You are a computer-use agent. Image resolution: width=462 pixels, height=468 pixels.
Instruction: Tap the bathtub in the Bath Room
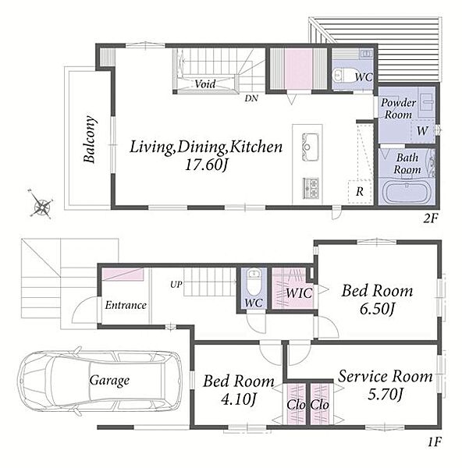(407, 192)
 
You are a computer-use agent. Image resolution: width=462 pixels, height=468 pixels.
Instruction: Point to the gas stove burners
(311, 188)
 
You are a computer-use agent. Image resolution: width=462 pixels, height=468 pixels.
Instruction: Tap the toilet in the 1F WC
(254, 281)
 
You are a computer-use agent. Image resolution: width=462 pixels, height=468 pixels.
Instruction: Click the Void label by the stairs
(205, 84)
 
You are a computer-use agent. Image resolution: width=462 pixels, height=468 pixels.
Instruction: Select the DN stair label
(251, 98)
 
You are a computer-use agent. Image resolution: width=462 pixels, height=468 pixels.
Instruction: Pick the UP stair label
(176, 285)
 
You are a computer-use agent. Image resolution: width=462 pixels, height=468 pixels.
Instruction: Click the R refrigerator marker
(360, 192)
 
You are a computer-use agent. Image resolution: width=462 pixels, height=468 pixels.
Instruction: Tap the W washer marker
(422, 131)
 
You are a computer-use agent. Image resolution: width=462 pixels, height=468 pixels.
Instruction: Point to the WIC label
(299, 292)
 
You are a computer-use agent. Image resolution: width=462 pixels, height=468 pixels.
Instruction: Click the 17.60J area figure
(207, 165)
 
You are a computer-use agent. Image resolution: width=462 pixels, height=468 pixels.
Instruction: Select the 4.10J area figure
(238, 399)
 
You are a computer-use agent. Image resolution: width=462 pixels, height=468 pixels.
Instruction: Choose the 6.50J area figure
(377, 309)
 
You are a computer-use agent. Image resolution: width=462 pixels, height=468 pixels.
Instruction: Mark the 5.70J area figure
(386, 395)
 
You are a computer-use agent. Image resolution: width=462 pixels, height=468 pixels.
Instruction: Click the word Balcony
(90, 139)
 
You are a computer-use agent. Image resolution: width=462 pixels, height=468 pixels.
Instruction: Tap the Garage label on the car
(109, 381)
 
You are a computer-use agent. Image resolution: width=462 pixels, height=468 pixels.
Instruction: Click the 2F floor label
(431, 218)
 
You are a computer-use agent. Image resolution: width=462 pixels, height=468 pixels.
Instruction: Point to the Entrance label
(126, 305)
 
